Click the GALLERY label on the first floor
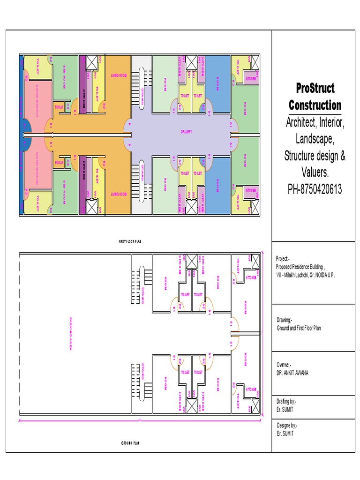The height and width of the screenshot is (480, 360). pos(187,132)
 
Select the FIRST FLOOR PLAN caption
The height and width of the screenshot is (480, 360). pos(130,241)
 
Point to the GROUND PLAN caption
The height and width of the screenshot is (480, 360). pos(130,442)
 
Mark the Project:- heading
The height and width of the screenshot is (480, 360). pos(283,259)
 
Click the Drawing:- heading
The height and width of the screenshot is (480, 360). pos(284,320)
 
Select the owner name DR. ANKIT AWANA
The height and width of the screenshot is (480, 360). pos(292,373)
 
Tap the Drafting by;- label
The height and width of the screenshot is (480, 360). pos(286,402)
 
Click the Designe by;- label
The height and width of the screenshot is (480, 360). pos(286,425)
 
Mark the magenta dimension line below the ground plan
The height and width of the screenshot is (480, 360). pos(140,420)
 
